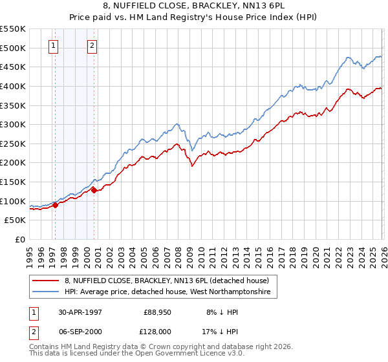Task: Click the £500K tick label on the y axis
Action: click(x=13, y=48)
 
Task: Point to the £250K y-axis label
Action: click(x=13, y=144)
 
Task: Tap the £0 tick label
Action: click(x=21, y=239)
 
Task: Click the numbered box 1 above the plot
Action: click(x=52, y=45)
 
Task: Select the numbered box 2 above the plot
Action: click(x=92, y=45)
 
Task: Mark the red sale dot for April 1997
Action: click(x=56, y=205)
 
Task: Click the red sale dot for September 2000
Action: click(x=94, y=190)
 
